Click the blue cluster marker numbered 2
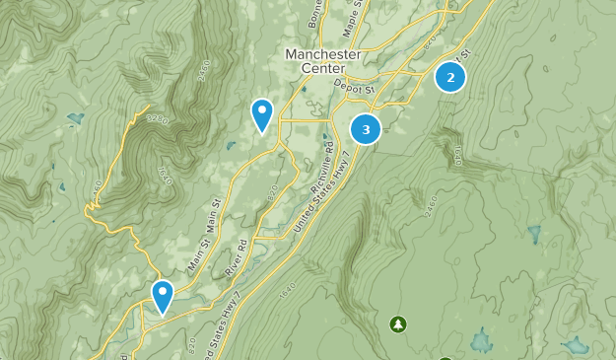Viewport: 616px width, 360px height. tap(450, 76)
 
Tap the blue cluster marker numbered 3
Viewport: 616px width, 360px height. tap(366, 128)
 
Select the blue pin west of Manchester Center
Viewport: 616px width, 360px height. tap(261, 114)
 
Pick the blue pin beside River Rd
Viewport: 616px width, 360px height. tap(162, 296)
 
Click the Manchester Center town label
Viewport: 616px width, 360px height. tap(315, 61)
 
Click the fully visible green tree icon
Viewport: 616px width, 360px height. tap(397, 324)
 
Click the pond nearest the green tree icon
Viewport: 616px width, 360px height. tap(480, 341)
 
